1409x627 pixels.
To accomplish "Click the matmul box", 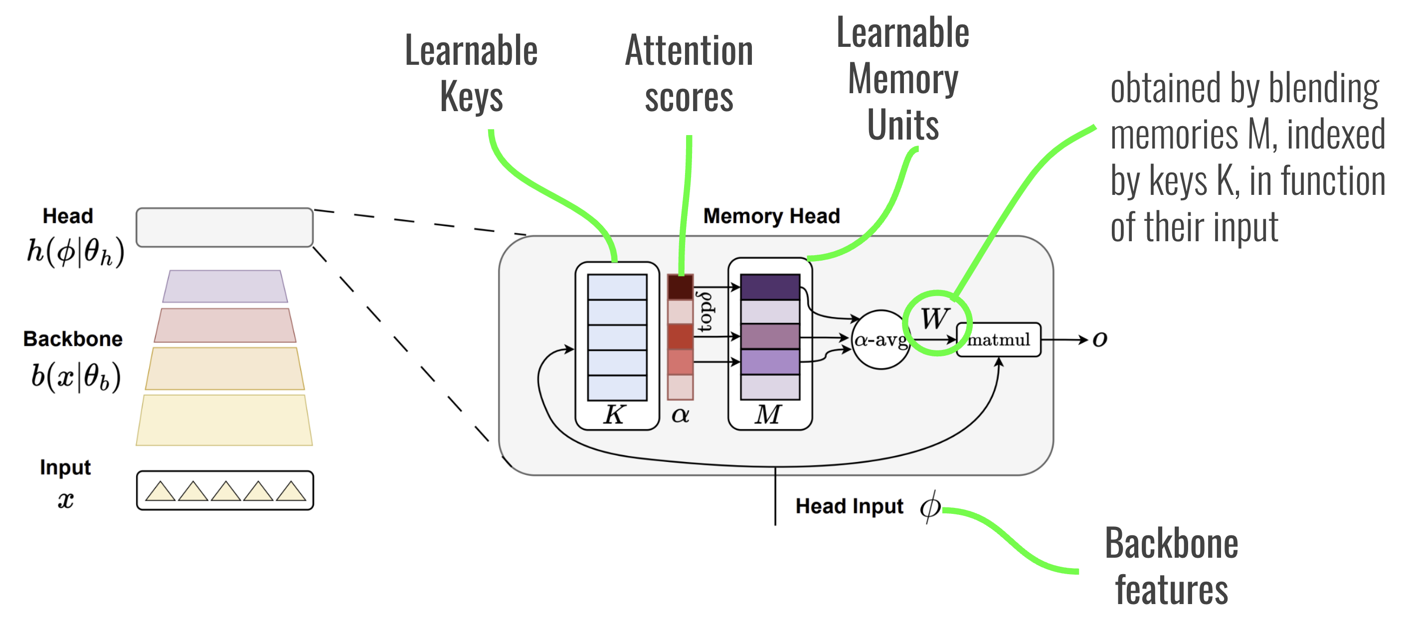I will coord(998,340).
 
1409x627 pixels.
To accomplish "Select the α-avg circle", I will coord(881,340).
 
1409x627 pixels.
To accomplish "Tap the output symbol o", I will coord(1099,339).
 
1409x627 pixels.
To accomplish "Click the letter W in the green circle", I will coord(934,318).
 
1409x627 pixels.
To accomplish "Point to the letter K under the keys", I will coord(614,414).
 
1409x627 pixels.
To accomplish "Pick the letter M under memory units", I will coord(768,414).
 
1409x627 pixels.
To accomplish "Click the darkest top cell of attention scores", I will coord(680,287).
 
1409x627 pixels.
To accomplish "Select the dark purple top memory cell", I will coord(770,287).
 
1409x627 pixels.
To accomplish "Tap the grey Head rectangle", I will coord(224,227).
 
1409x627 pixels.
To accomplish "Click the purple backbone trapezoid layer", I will coord(225,287).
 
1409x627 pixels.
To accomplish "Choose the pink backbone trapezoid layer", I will coord(225,325).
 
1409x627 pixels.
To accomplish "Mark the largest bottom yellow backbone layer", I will coord(224,420).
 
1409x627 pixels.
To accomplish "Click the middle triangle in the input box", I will coord(225,491).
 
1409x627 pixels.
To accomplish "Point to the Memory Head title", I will coord(771,216).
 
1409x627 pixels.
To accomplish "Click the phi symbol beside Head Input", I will coord(929,507).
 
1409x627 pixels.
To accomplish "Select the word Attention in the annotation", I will coord(689,51).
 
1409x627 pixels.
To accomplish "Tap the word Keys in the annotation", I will coord(471,97).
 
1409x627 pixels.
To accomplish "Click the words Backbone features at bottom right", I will coord(1171,566).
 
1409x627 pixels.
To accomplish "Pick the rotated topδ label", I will coord(705,312).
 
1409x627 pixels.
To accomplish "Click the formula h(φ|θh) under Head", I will coord(75,253).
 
